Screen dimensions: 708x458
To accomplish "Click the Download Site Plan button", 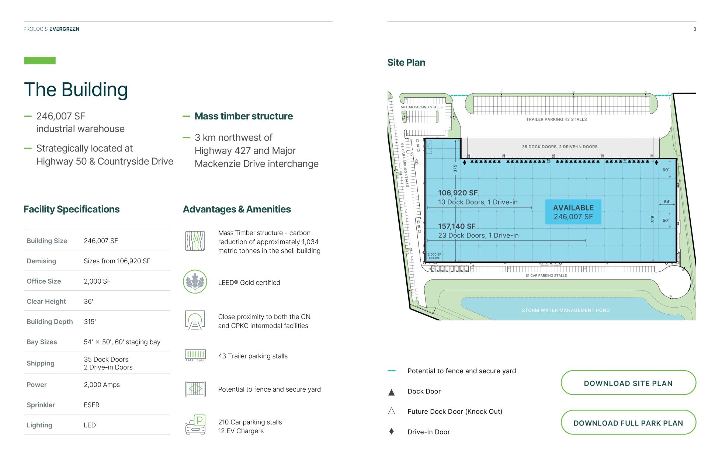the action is tap(628, 383).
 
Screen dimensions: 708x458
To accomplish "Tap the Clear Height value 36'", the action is tap(88, 301).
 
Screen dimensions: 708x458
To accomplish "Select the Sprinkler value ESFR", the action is tap(91, 405).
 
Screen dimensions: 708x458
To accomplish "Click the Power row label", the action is tap(37, 385).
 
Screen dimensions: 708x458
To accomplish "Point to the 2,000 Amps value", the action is tap(102, 385).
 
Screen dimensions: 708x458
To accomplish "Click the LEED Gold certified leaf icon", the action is tap(195, 282).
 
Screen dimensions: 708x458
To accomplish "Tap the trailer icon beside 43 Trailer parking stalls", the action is tap(195, 355).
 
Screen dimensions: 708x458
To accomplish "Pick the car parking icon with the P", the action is tap(195, 425).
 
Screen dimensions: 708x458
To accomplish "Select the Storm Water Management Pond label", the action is tap(566, 310).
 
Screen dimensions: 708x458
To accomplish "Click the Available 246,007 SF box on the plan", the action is tap(573, 212).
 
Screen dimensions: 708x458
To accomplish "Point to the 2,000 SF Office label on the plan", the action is tap(434, 256).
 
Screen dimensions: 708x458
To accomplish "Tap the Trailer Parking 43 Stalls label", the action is tap(556, 119).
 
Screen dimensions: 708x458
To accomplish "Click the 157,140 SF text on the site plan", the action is tap(457, 226).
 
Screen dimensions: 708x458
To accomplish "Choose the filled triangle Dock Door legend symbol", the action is tap(392, 392).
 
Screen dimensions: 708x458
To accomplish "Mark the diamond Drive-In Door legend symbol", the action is tap(392, 431).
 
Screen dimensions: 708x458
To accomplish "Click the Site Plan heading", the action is tap(406, 62).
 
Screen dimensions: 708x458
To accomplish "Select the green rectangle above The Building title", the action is tap(40, 60).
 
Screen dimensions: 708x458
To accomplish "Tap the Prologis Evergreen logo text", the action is tap(51, 29).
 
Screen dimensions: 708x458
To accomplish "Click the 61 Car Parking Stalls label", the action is tap(546, 275).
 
